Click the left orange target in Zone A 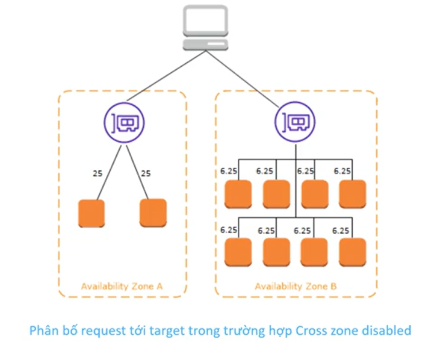tap(91, 213)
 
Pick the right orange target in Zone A tap(153, 213)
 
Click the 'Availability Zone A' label tap(122, 286)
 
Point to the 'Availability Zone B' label tap(296, 286)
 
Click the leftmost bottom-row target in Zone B tap(237, 252)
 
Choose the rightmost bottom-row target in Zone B tap(352, 252)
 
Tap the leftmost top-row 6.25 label tap(229, 171)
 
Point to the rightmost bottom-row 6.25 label tap(342, 230)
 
